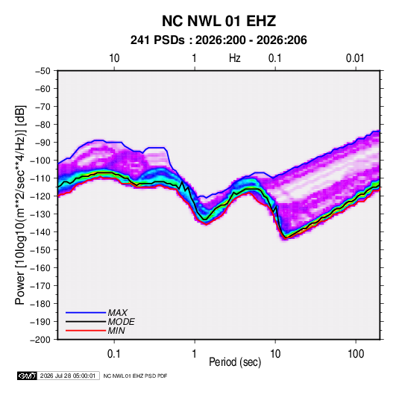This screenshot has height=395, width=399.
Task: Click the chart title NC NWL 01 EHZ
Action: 219,21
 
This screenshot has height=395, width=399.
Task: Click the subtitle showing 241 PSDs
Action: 219,40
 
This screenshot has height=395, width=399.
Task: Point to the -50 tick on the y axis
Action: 43,71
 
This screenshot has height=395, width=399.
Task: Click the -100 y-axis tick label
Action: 41,161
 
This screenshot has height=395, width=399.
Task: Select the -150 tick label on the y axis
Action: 41,250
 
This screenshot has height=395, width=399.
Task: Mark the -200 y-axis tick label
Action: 41,340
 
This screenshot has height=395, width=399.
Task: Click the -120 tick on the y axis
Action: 41,196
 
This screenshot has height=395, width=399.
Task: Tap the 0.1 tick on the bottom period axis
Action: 114,354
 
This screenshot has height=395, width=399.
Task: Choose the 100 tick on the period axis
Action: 356,354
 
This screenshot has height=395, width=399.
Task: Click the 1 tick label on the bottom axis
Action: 194,354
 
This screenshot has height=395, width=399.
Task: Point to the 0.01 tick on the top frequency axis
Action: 355,58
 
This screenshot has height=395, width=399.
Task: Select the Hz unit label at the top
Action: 235,58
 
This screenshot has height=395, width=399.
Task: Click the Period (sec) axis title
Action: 235,362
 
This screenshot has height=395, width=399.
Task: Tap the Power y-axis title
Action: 20,205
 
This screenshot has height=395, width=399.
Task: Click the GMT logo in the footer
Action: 27,376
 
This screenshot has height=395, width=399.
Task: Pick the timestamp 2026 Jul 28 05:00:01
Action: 68,376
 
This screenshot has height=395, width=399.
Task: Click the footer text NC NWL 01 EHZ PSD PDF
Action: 135,376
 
